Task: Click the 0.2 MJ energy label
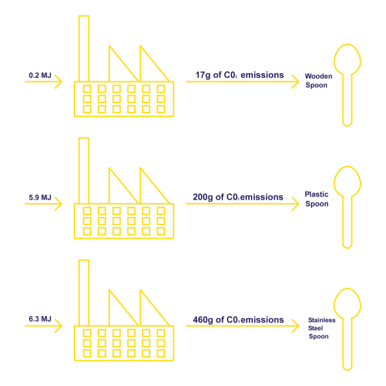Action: tap(40, 75)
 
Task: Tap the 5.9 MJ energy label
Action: tap(40, 198)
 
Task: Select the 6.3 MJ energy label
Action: tap(40, 319)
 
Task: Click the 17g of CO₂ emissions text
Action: tap(240, 75)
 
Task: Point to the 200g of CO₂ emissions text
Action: tap(238, 198)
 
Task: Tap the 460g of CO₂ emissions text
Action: tap(238, 320)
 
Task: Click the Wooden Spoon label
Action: tap(318, 81)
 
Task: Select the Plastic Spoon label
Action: tap(317, 199)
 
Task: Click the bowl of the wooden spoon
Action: tap(347, 60)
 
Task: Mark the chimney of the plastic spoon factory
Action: tap(84, 170)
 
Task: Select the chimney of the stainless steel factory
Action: tap(84, 293)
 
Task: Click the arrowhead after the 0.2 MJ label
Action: tap(59, 81)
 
